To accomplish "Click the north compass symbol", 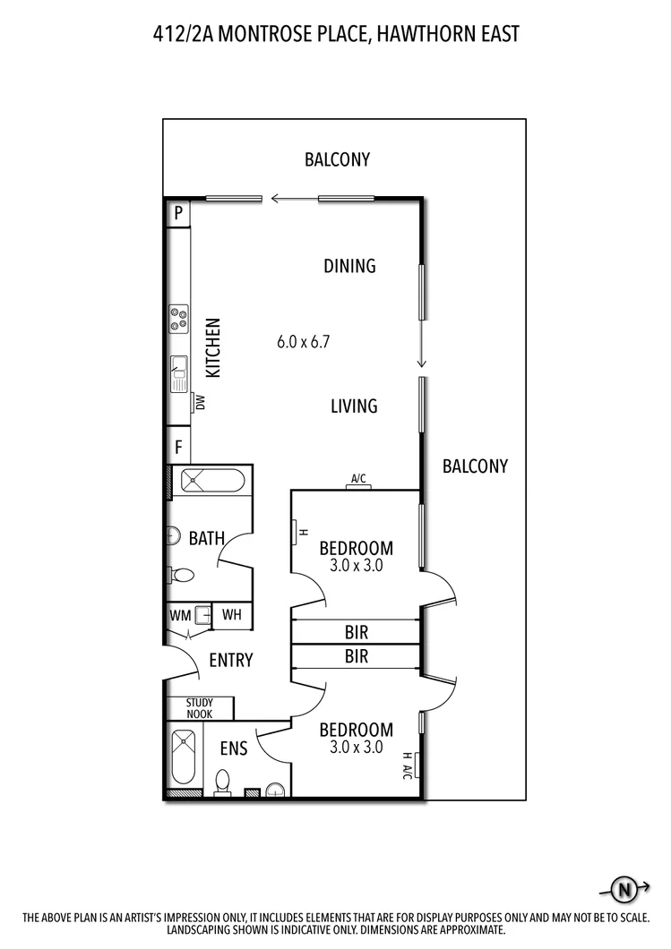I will point(624,889).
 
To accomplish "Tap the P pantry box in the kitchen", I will point(178,213).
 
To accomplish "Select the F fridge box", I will point(178,446).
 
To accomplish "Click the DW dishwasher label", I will point(200,403).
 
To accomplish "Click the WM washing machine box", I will point(179,615).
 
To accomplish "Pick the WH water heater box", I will point(232,615).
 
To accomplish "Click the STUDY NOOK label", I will point(200,708).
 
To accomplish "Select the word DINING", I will point(349,266).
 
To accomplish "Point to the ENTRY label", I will point(230,661).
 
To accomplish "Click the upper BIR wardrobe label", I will point(356,632).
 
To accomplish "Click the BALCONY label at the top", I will point(337,160).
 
